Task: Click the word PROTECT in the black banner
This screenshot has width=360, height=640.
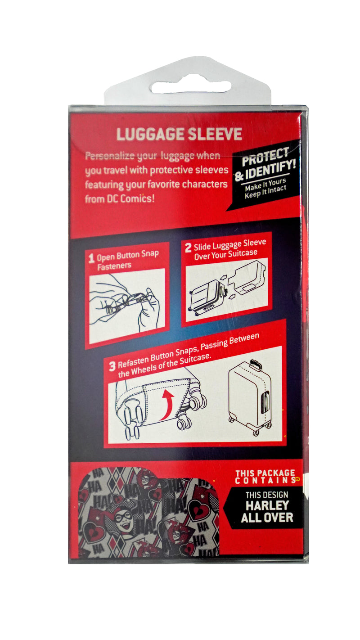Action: point(265,157)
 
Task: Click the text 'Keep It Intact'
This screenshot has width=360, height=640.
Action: point(265,192)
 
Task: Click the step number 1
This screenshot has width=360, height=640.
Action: point(91,259)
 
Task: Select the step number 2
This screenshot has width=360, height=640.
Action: point(188,248)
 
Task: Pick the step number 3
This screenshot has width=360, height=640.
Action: point(112,366)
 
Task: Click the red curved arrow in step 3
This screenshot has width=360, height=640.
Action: point(166,405)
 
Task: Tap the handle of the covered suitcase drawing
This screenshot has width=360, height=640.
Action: point(256,365)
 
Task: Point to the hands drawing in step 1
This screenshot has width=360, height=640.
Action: point(126,303)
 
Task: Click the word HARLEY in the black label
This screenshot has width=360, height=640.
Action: point(267,505)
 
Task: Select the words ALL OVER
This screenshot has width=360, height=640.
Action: point(267,518)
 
